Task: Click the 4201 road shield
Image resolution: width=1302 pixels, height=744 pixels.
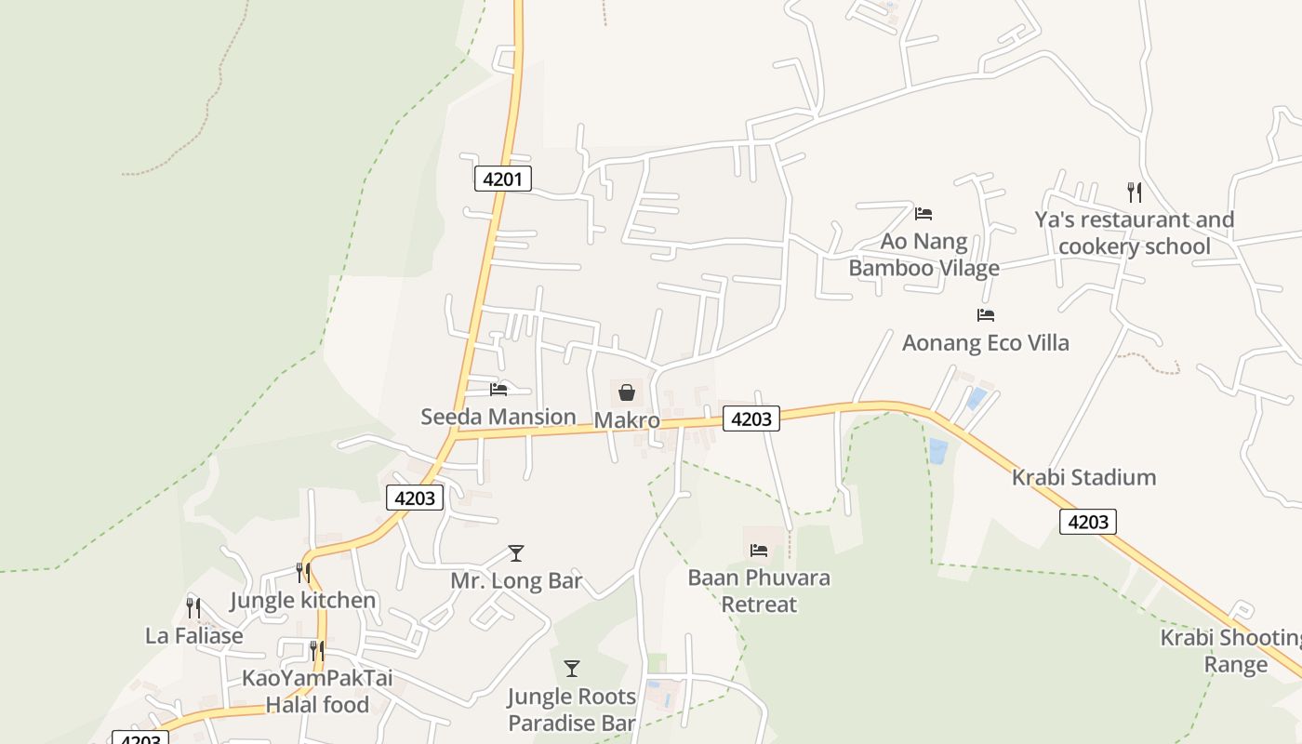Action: pyautogui.click(x=502, y=179)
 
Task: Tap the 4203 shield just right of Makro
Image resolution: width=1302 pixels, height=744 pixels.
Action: pyautogui.click(x=751, y=418)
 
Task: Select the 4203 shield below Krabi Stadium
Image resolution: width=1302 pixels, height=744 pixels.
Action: pyautogui.click(x=1087, y=522)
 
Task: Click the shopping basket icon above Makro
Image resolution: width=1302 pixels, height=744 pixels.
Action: pyautogui.click(x=627, y=392)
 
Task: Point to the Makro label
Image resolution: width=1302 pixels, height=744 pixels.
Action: pyautogui.click(x=627, y=420)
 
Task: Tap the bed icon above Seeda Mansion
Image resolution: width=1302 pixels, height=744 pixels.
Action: pyautogui.click(x=499, y=389)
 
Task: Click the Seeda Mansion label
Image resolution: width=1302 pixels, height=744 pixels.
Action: pyautogui.click(x=498, y=417)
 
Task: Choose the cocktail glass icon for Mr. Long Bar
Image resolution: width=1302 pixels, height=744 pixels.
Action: pyautogui.click(x=516, y=553)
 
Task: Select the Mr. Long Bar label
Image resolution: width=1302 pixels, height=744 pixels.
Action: pyautogui.click(x=516, y=581)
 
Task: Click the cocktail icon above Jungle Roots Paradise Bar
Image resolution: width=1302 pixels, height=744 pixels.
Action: pyautogui.click(x=572, y=669)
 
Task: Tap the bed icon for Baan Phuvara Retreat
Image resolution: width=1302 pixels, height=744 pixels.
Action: pyautogui.click(x=759, y=550)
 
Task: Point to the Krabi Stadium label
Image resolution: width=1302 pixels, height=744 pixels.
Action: pyautogui.click(x=1083, y=478)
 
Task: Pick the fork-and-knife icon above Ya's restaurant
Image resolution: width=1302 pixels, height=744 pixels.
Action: pyautogui.click(x=1134, y=193)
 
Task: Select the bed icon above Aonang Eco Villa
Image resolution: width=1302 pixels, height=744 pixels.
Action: pyautogui.click(x=986, y=315)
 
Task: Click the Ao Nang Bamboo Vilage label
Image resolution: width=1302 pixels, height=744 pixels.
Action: pyautogui.click(x=924, y=255)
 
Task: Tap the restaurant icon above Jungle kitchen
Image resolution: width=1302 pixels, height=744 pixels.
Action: pyautogui.click(x=303, y=572)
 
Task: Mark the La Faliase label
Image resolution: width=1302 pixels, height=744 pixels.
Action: pyautogui.click(x=194, y=636)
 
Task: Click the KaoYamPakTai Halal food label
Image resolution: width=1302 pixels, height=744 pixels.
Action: pyautogui.click(x=318, y=691)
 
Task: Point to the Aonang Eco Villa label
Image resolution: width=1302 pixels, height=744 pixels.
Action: pyautogui.click(x=986, y=343)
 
